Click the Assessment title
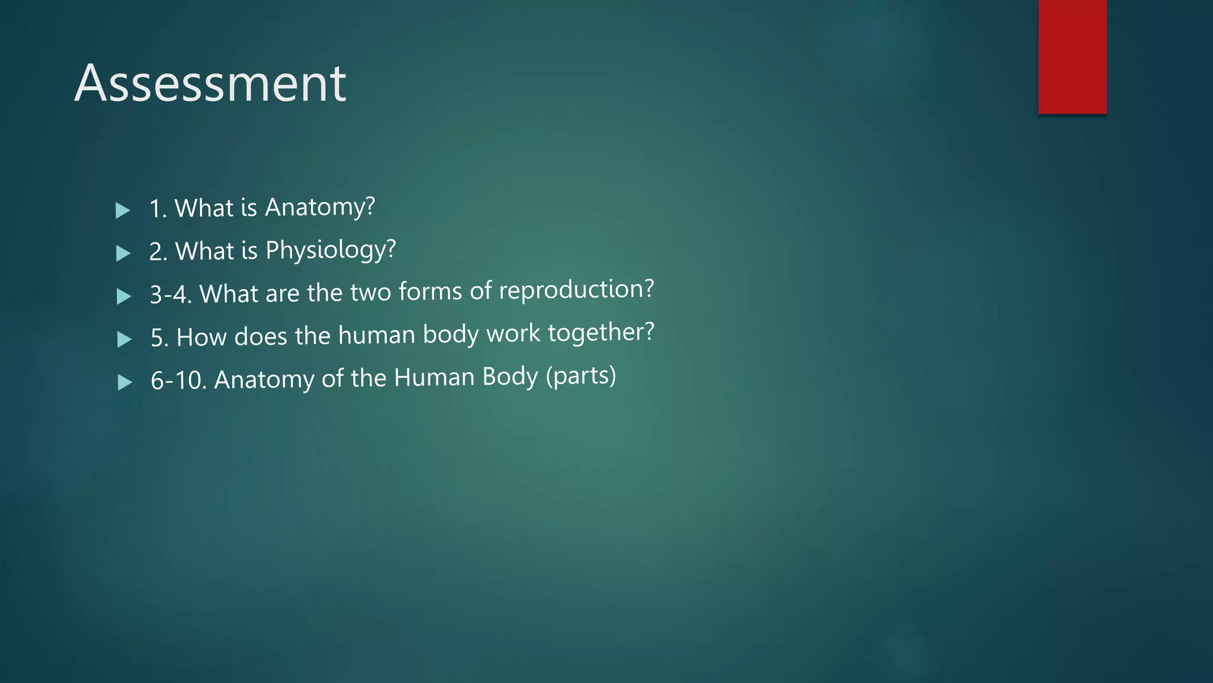pyautogui.click(x=210, y=84)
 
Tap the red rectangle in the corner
pyautogui.click(x=1072, y=57)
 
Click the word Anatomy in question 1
pyautogui.click(x=319, y=208)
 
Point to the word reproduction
pyautogui.click(x=576, y=290)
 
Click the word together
pyautogui.click(x=601, y=333)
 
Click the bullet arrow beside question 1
pyautogui.click(x=123, y=210)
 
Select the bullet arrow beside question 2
pyautogui.click(x=123, y=254)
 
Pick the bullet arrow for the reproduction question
pyautogui.click(x=124, y=296)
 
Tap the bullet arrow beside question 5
pyautogui.click(x=124, y=339)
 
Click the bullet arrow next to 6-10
pyautogui.click(x=125, y=382)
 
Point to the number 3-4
pyautogui.click(x=171, y=295)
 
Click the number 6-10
pyautogui.click(x=178, y=380)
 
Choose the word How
pyautogui.click(x=201, y=337)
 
